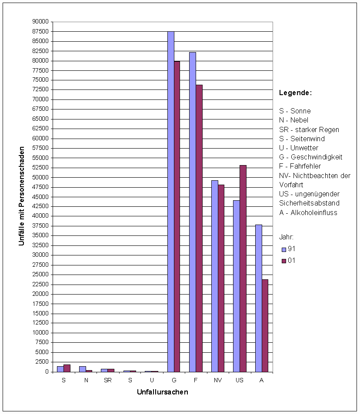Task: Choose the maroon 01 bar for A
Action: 265,325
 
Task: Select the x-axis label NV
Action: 217,380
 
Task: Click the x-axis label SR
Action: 107,380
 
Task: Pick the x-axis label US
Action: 239,380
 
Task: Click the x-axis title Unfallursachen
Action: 162,392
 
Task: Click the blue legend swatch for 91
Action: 283,249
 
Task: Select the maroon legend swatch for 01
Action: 283,261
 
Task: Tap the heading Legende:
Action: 295,93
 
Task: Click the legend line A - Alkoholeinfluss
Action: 308,212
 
